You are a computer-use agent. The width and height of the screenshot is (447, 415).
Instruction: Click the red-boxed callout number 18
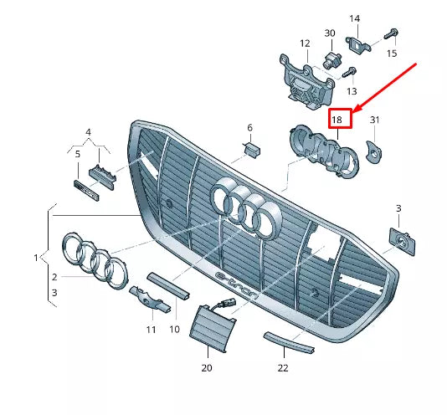coord(338,120)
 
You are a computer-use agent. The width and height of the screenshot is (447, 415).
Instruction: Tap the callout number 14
coord(354,18)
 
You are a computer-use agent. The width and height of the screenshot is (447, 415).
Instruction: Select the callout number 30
coord(329,33)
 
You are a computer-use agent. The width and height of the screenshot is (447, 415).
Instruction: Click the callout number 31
coord(375,120)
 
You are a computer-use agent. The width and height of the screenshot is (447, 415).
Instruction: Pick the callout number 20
coord(207,367)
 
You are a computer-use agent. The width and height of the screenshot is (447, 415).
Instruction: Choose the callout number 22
coord(283,367)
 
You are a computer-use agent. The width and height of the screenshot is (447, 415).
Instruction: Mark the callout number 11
coord(152,330)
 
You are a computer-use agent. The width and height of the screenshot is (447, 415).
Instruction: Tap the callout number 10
coord(175,330)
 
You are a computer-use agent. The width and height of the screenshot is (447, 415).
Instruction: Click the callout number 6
coord(249,127)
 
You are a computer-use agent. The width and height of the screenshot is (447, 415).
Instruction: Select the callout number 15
coord(392,54)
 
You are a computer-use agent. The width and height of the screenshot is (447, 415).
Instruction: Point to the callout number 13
coord(352,90)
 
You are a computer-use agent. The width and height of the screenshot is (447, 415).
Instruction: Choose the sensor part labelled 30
coord(330,60)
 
